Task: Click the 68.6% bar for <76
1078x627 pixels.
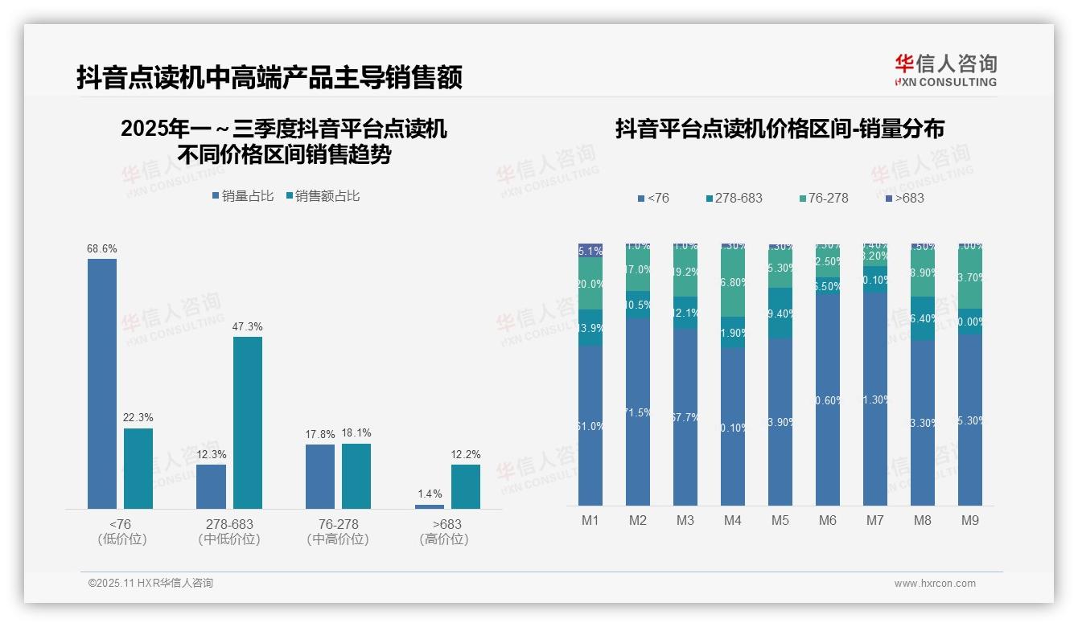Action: (102, 383)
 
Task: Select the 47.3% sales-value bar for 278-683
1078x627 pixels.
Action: (248, 422)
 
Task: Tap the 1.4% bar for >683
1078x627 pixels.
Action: (430, 506)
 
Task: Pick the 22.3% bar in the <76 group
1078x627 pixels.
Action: (138, 468)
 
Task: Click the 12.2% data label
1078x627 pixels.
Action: (465, 454)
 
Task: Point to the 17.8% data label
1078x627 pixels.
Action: (320, 434)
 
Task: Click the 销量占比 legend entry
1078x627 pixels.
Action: (243, 196)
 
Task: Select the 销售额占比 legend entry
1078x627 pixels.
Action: (323, 196)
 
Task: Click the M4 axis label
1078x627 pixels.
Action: (732, 520)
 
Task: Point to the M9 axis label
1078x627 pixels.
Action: (970, 520)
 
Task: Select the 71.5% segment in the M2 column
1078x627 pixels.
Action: (638, 412)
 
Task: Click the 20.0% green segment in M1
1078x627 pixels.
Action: (590, 284)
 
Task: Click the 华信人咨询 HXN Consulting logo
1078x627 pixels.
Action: (945, 71)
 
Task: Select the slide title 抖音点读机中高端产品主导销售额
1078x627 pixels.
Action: (269, 78)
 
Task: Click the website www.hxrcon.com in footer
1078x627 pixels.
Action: (935, 584)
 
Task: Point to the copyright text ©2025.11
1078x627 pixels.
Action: (150, 583)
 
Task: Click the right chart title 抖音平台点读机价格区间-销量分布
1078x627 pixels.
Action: (780, 129)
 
